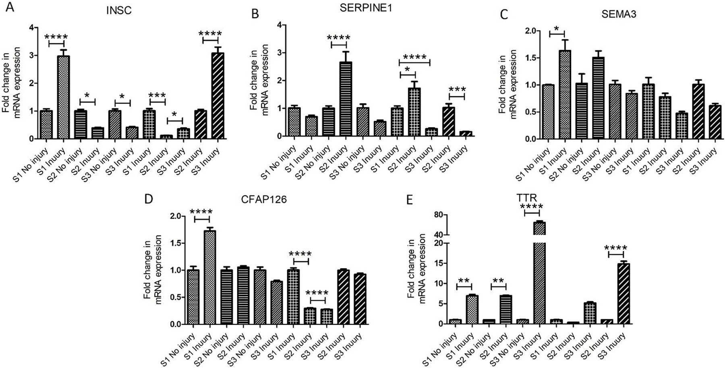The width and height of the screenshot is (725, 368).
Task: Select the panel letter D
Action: point(149,200)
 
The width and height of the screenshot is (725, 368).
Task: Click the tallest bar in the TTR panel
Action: point(539,278)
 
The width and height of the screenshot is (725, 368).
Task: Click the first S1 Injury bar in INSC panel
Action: point(63,97)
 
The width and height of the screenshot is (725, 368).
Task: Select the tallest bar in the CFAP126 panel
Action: point(210,278)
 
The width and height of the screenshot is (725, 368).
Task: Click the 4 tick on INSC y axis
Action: point(34,27)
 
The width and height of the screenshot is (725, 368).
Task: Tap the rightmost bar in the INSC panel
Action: point(218,96)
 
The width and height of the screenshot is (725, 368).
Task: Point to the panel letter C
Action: point(504,15)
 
